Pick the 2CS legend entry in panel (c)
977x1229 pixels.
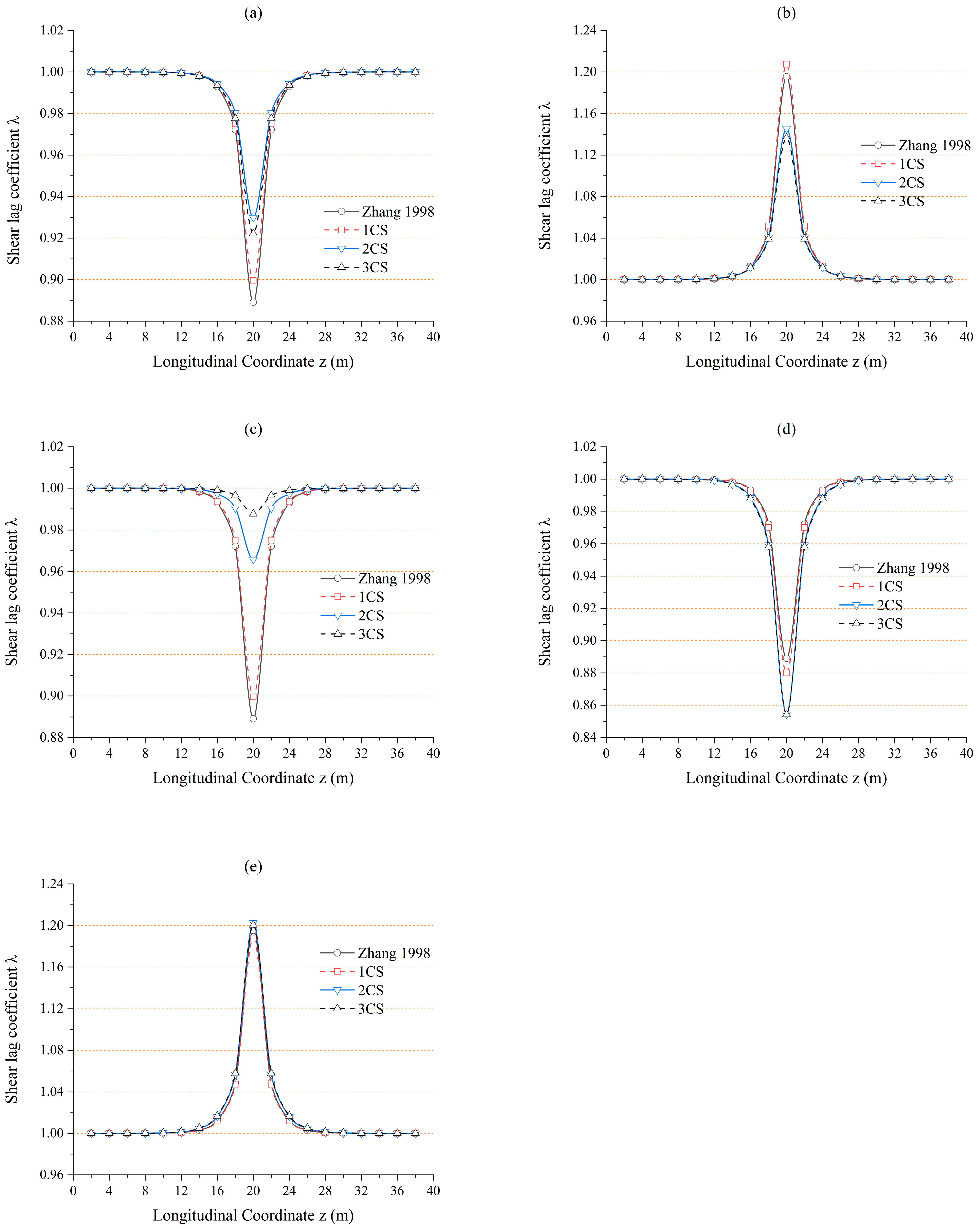(x=371, y=616)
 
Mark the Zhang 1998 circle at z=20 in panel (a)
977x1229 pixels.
(x=253, y=302)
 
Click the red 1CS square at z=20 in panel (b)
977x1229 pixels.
(x=787, y=65)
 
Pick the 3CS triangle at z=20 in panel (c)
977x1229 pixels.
(x=253, y=513)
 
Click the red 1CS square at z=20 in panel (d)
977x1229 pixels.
(x=787, y=673)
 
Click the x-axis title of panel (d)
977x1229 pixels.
(x=786, y=778)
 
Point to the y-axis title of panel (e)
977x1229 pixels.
(x=12, y=1029)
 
